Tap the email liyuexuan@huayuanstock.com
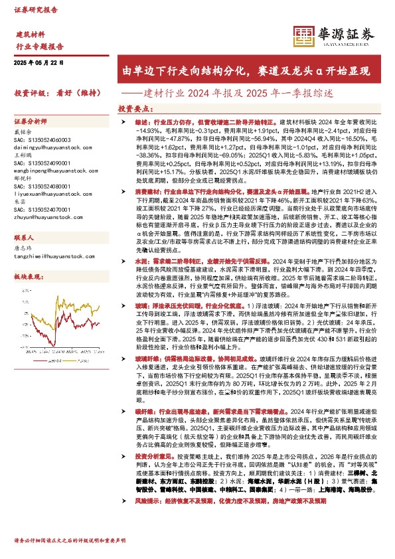coord(48,194)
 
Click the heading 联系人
coord(23,237)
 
